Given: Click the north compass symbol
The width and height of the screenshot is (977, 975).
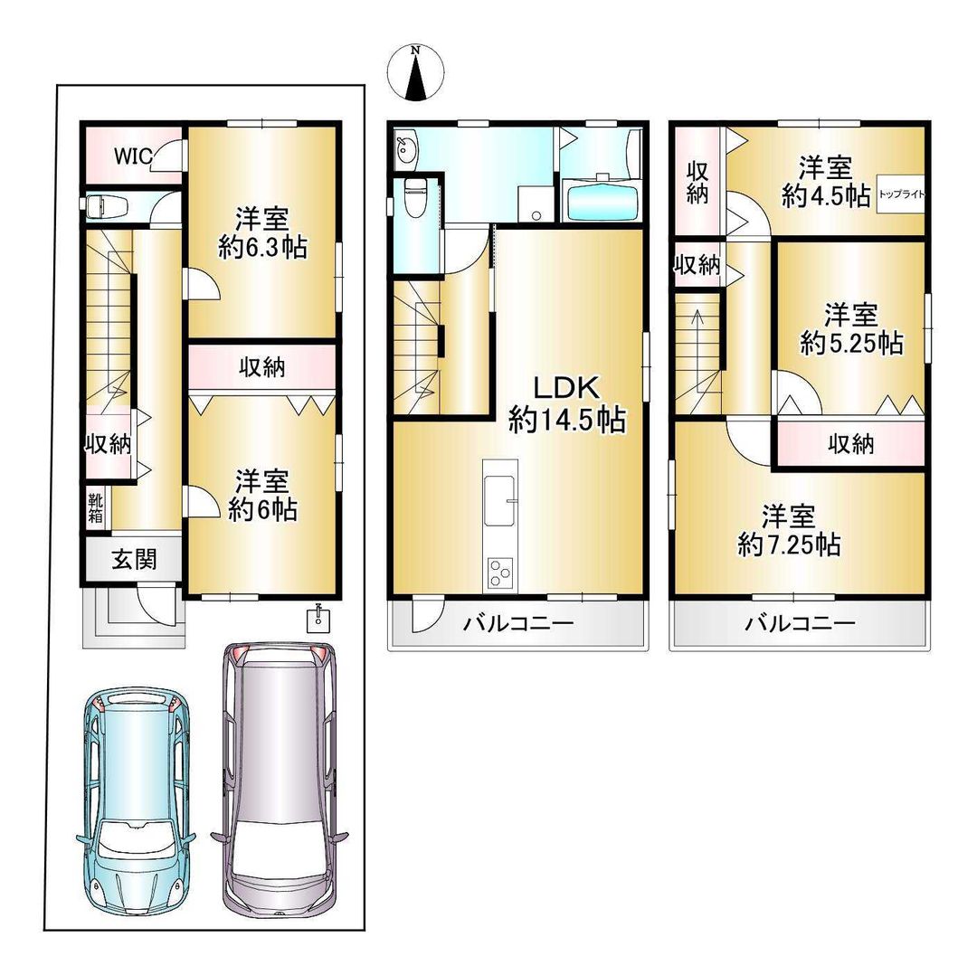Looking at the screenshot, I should coord(415,71).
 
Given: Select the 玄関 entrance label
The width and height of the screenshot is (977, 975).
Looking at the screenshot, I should coord(134,560).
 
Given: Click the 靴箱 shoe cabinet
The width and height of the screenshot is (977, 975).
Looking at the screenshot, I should coord(95,507).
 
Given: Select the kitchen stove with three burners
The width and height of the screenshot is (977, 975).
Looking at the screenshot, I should coord(500,572).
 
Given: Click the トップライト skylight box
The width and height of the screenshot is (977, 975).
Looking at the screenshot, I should coord(901,194).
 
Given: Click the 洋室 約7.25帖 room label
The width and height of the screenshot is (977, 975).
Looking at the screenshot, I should coord(789,530).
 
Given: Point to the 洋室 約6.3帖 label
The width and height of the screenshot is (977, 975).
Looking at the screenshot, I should coord(262,232).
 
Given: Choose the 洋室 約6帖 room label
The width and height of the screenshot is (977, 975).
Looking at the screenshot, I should coord(262,495).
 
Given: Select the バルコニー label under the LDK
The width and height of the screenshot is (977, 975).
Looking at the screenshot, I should coord(519,623).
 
